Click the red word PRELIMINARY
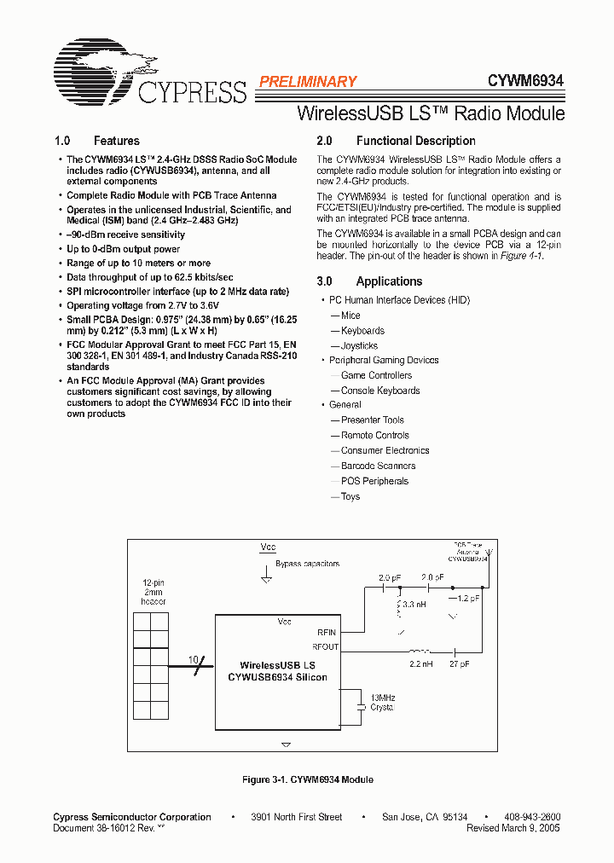[x=307, y=82]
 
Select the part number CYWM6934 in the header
[x=525, y=81]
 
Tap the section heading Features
[x=116, y=141]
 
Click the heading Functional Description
[x=415, y=141]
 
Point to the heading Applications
[x=389, y=281]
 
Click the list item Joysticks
[x=359, y=346]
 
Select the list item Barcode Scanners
[x=378, y=466]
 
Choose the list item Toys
[x=350, y=496]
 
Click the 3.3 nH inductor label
[x=415, y=603]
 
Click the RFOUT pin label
[x=326, y=646]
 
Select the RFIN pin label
[x=327, y=632]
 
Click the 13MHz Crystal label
[x=382, y=703]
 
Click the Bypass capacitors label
[x=307, y=564]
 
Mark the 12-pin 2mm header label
[x=153, y=592]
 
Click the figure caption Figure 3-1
[x=307, y=779]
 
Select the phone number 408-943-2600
[x=531, y=817]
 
